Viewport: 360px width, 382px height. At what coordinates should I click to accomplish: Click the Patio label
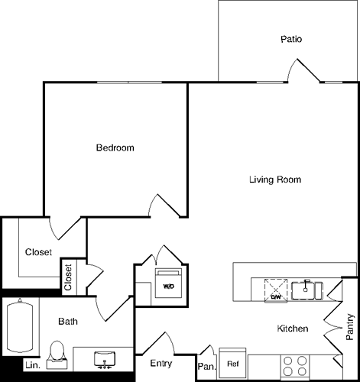coord(290,39)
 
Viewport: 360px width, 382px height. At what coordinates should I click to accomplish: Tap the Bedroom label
coord(115,147)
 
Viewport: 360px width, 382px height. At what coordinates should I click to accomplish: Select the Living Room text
coord(275,180)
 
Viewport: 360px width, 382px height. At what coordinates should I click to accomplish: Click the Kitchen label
coord(292,329)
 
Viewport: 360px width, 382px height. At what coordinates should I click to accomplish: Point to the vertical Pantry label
coord(349,326)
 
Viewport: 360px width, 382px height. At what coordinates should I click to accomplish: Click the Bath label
coord(68,322)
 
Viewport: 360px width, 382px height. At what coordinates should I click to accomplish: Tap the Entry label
coord(161,364)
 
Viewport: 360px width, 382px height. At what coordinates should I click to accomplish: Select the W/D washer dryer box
coord(167,285)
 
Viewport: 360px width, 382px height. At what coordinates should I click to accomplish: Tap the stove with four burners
coord(295,365)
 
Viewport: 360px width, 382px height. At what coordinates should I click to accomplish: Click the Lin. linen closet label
coord(33,365)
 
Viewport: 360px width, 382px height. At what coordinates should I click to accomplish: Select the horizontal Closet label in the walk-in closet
coord(39,252)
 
